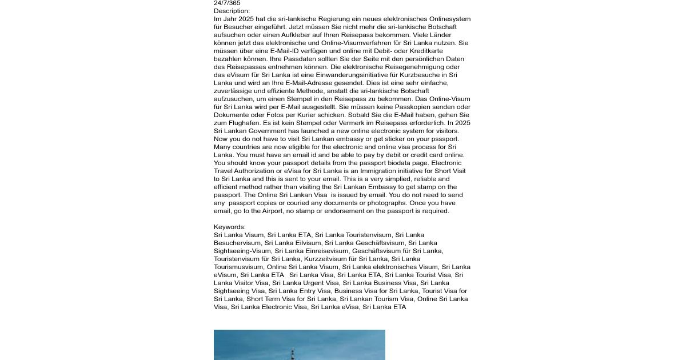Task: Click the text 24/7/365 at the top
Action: (x=227, y=3)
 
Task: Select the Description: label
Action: (x=232, y=11)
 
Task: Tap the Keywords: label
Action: (x=229, y=227)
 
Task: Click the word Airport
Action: (x=272, y=211)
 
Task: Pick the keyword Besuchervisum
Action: (x=237, y=243)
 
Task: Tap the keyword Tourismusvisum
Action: (x=238, y=267)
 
